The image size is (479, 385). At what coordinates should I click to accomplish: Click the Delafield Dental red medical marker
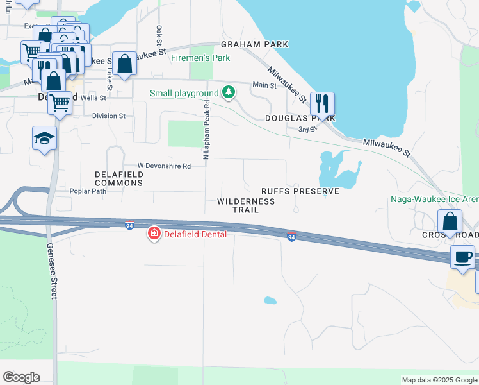154,234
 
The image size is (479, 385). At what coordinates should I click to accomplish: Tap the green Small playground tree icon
229,93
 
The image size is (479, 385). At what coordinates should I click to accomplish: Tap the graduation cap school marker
45,138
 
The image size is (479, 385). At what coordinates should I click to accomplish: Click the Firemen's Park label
200,58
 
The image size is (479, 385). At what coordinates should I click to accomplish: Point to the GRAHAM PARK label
255,44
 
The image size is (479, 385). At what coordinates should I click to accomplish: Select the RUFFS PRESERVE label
300,191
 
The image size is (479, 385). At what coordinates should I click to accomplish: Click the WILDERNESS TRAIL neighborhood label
246,205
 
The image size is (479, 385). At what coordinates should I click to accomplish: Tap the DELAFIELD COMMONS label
119,178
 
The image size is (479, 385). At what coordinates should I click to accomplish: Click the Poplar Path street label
88,191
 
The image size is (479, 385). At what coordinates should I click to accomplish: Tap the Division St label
109,116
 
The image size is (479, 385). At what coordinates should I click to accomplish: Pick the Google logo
21,377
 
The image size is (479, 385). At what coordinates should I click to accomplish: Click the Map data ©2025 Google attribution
439,380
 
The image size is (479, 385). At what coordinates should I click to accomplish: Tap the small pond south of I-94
270,300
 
